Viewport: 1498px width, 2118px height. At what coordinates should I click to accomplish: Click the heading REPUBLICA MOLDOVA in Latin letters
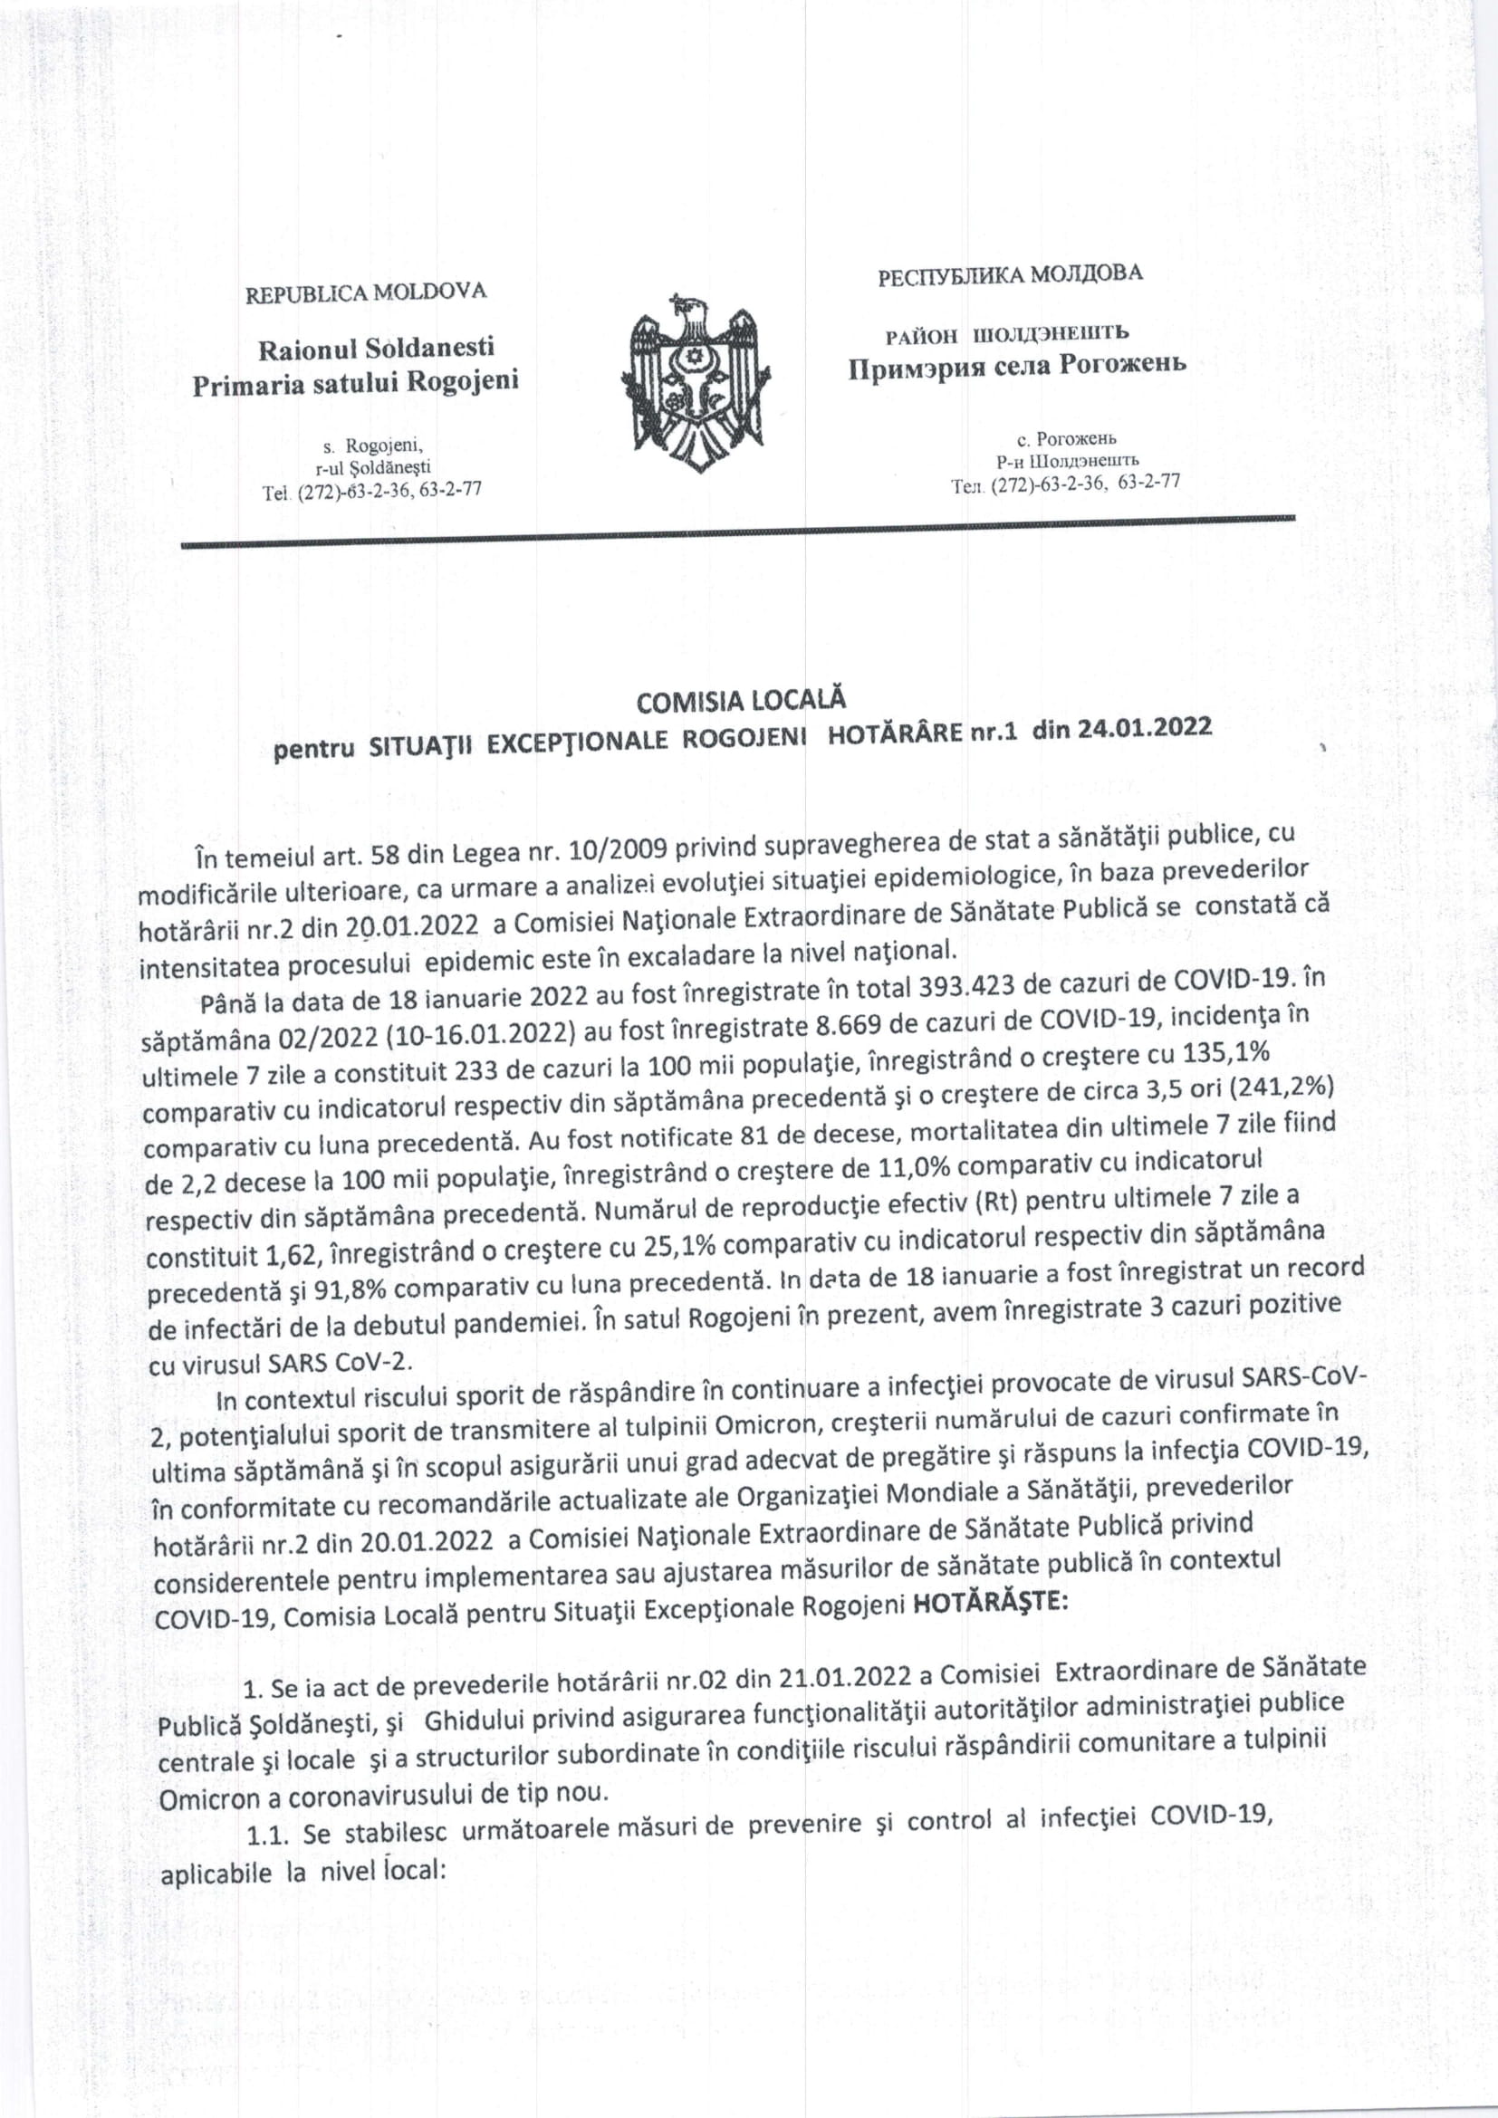[x=365, y=292]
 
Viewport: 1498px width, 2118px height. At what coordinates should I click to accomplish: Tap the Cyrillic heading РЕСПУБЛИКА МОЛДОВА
[x=1009, y=274]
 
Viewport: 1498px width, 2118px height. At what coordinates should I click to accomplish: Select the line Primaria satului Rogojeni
[x=355, y=382]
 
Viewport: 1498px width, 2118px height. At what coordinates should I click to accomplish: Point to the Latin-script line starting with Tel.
[x=371, y=492]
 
